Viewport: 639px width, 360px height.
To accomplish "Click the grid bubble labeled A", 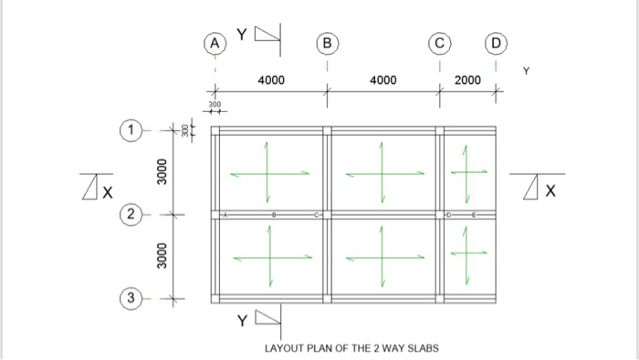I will [215, 43].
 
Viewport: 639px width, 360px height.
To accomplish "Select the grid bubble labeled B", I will [327, 43].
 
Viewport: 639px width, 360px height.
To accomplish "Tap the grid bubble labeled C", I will [440, 43].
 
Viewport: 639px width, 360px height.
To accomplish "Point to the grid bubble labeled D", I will [496, 43].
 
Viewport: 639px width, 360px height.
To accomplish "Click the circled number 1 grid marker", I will [132, 131].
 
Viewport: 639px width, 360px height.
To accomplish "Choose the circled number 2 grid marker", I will [132, 215].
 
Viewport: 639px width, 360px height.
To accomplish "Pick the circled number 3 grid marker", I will [132, 298].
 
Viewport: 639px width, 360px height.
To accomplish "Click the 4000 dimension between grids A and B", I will [271, 80].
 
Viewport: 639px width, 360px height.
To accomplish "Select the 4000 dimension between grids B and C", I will [383, 80].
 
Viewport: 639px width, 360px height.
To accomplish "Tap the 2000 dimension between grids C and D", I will [467, 80].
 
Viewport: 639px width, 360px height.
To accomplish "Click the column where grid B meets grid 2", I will [328, 215].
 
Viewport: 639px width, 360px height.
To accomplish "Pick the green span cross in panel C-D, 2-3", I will [467, 253].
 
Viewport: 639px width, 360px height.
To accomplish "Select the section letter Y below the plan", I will [242, 322].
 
